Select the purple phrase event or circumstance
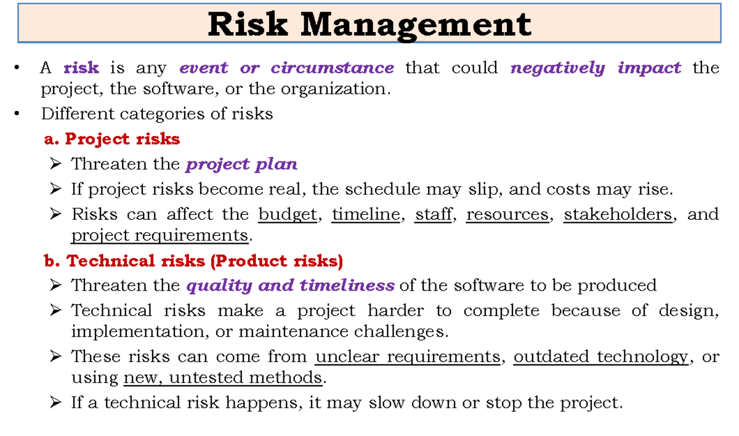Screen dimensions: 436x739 (x=286, y=68)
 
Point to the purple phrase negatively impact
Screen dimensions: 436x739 (x=596, y=68)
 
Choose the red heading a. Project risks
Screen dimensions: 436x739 (x=112, y=139)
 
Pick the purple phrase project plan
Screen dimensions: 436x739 (x=242, y=164)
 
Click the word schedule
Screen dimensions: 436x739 (x=360, y=189)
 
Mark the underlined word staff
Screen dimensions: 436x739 (x=434, y=214)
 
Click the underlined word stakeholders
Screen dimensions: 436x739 (x=618, y=214)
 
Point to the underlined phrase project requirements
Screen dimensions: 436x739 (x=160, y=235)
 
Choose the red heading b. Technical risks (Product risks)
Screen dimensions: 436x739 (x=193, y=261)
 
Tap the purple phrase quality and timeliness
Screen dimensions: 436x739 (x=290, y=286)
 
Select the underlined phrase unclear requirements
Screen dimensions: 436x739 (x=407, y=357)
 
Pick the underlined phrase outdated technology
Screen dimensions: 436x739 (x=600, y=357)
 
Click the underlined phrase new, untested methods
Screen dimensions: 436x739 (x=223, y=377)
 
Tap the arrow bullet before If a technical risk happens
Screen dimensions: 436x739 (x=55, y=403)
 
